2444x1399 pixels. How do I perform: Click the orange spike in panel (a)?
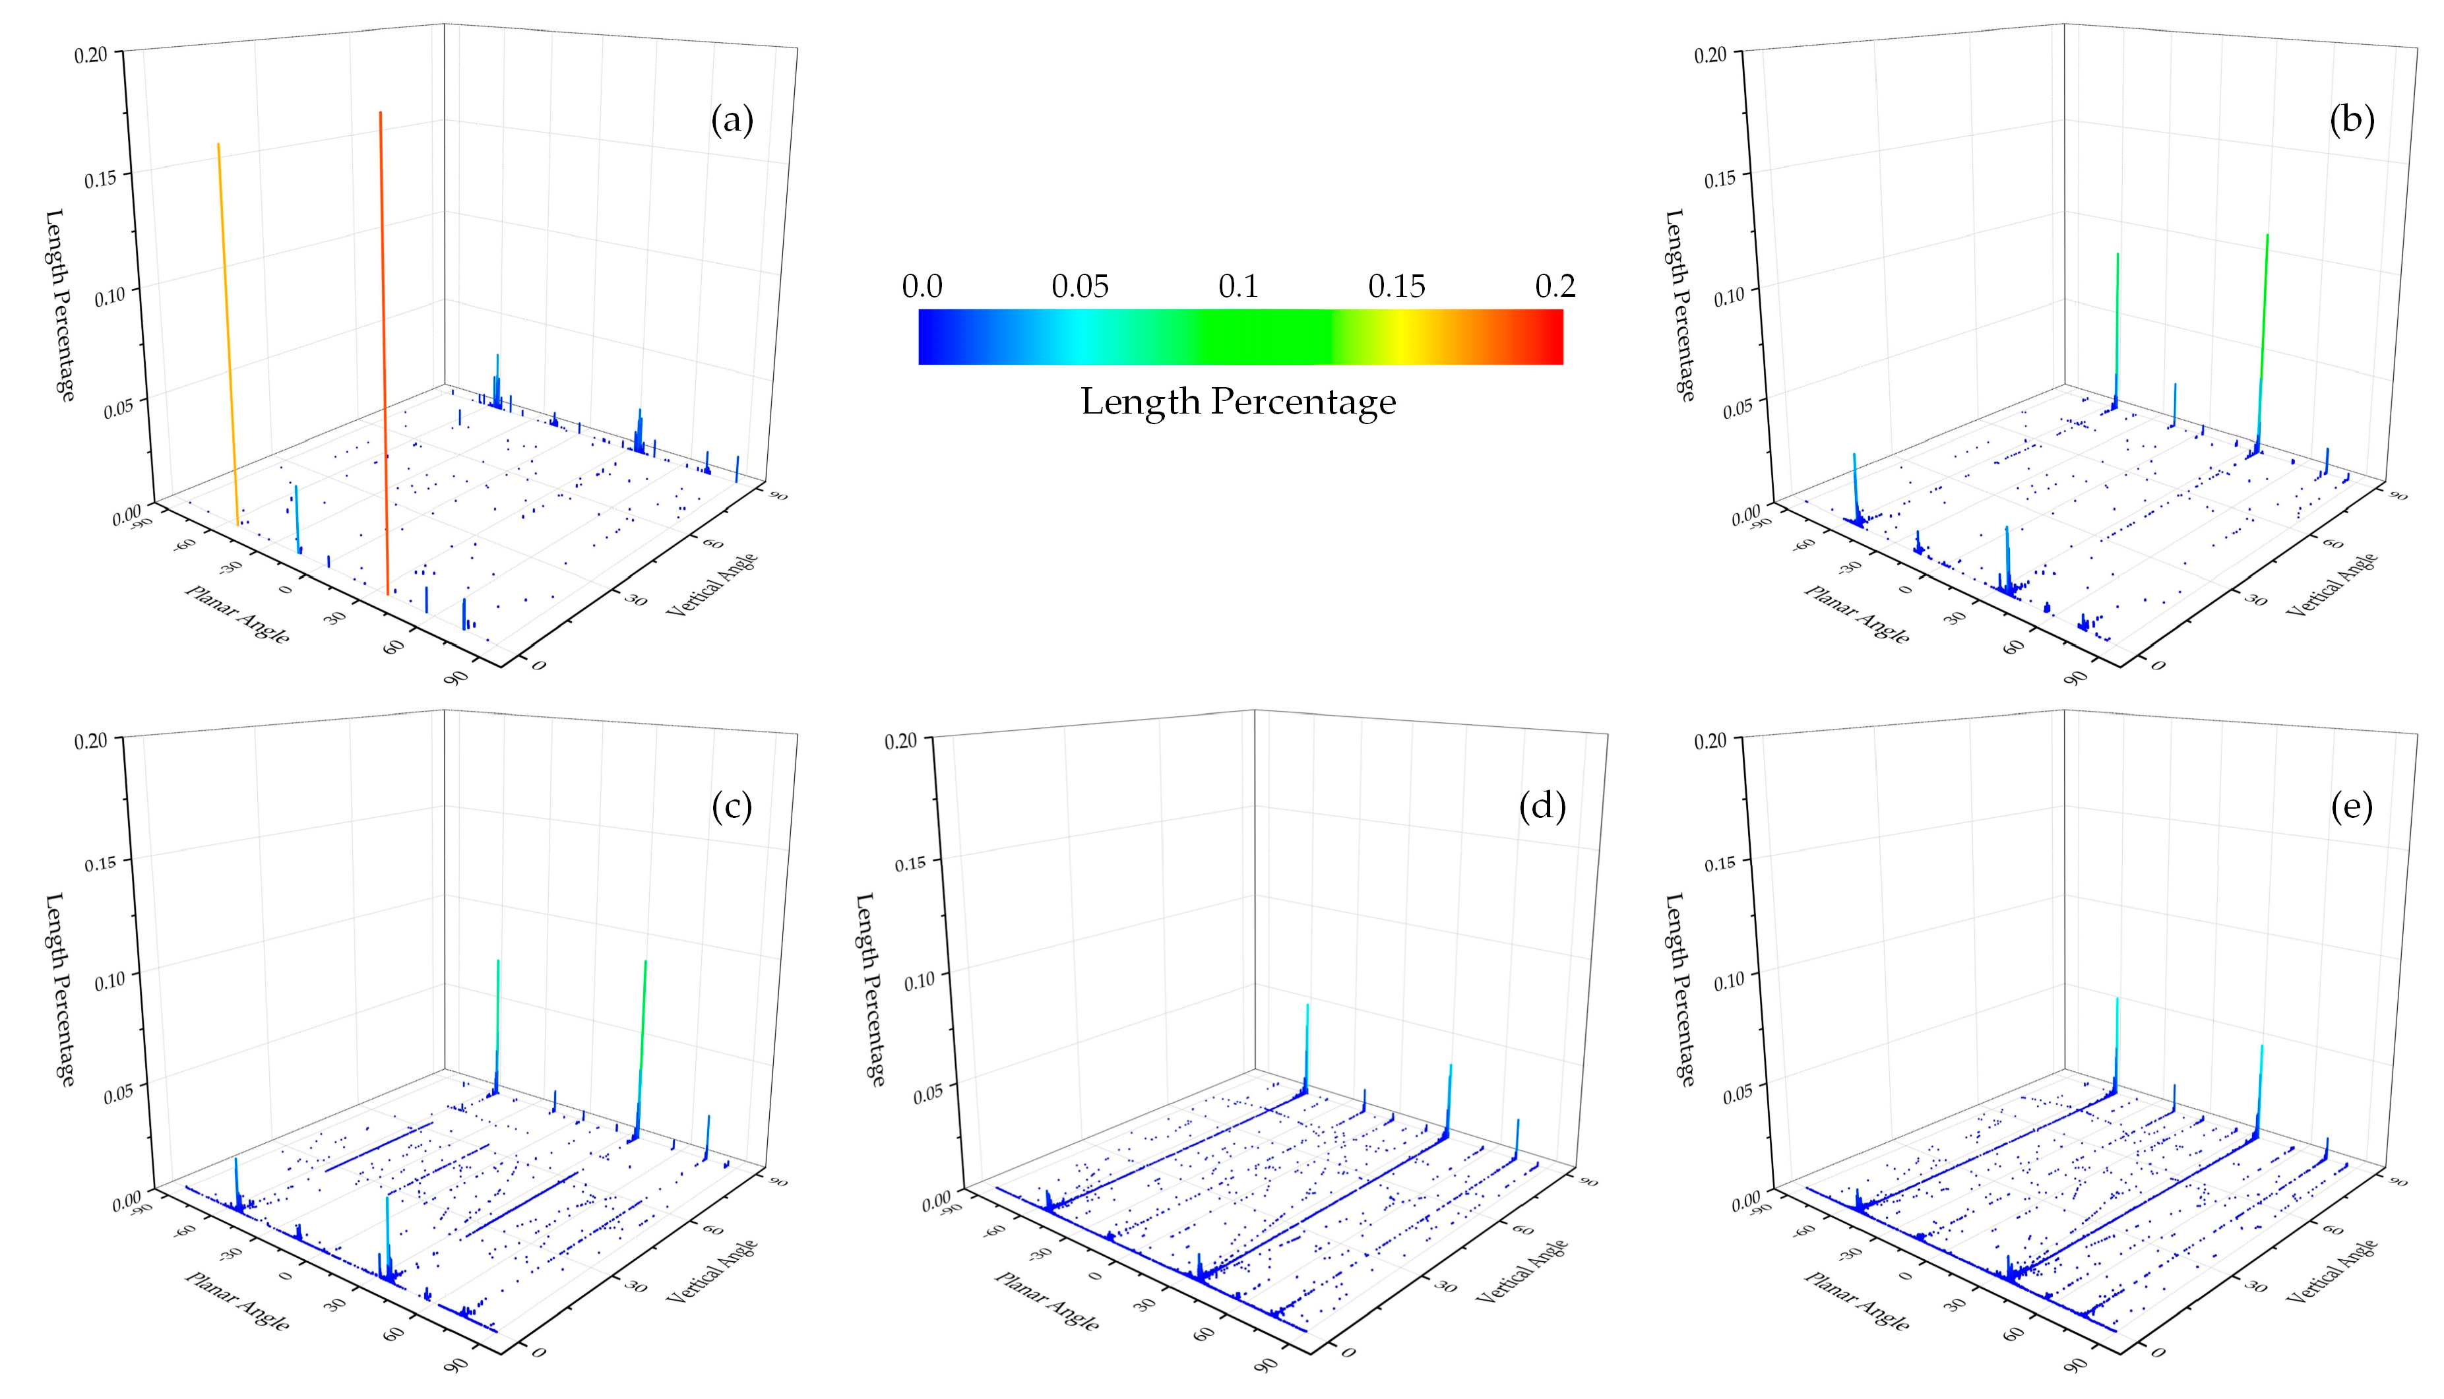[228, 336]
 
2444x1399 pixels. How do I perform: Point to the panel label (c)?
[732, 807]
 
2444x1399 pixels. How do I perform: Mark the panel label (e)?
[2352, 807]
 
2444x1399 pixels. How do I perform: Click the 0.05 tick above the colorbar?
[1080, 286]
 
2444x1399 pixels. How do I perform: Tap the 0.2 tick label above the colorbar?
[1554, 286]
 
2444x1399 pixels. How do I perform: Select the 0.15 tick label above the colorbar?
[1396, 286]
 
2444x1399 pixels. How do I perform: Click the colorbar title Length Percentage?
[1238, 402]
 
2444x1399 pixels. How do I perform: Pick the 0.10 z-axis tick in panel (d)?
[920, 980]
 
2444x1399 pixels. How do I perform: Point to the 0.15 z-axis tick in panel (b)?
[1720, 179]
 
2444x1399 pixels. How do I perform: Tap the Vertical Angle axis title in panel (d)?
[1522, 1270]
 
